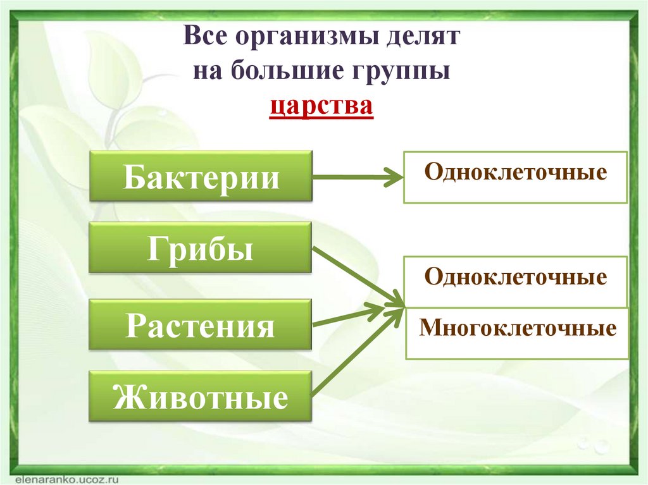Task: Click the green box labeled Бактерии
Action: click(201, 176)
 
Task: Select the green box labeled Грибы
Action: click(201, 248)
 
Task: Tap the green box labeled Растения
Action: click(201, 325)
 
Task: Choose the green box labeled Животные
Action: click(201, 398)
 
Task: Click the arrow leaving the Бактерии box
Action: click(357, 177)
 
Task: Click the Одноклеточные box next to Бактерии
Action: click(515, 177)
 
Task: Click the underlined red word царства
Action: click(321, 104)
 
